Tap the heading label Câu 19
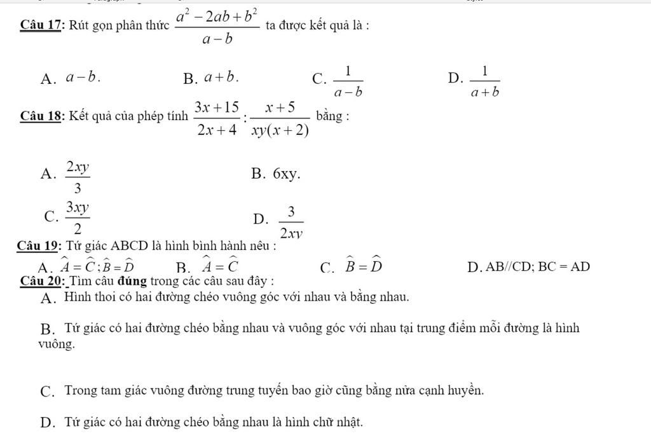pyautogui.click(x=39, y=247)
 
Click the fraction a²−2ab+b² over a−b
pyautogui.click(x=217, y=27)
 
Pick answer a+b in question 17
pyautogui.click(x=222, y=78)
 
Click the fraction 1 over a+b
pyautogui.click(x=485, y=81)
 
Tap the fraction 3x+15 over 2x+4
pyautogui.click(x=217, y=118)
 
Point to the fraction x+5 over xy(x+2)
pyautogui.click(x=280, y=118)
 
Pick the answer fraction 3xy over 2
pyautogui.click(x=79, y=218)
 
